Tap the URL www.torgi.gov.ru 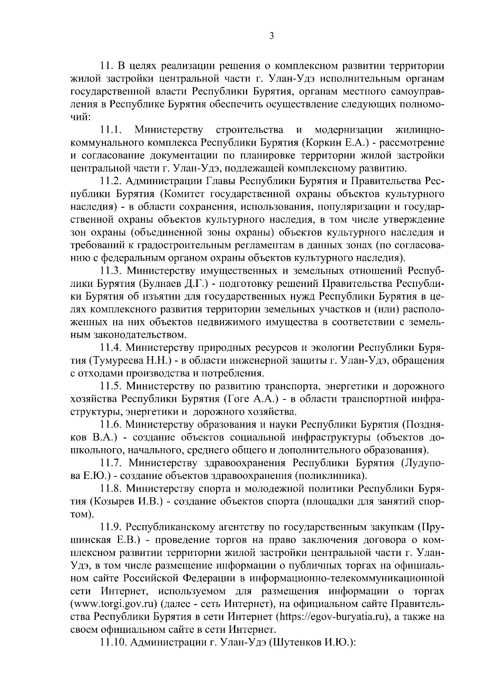tap(116, 604)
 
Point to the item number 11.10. tap(113, 642)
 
